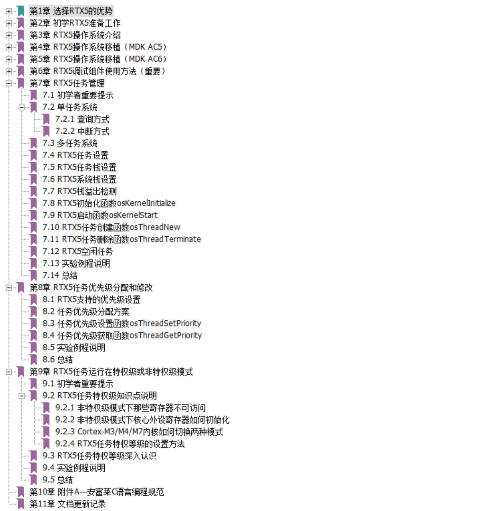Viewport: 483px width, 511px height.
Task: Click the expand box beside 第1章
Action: pyautogui.click(x=9, y=11)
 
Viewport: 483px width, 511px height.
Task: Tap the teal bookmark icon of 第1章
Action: pyautogui.click(x=21, y=11)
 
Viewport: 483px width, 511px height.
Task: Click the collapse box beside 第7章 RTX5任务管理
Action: pyautogui.click(x=9, y=83)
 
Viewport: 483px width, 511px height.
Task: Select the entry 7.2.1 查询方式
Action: pyautogui.click(x=82, y=119)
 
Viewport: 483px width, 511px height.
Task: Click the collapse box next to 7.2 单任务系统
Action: pyautogui.click(x=22, y=107)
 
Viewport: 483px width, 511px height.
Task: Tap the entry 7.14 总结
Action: pyautogui.click(x=60, y=276)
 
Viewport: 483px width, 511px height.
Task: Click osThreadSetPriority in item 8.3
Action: pyautogui.click(x=166, y=324)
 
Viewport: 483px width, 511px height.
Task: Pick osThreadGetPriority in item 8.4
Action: pyautogui.click(x=166, y=335)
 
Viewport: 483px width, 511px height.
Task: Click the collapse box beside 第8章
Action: pyautogui.click(x=9, y=288)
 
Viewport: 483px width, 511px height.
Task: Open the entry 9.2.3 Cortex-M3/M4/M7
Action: pyautogui.click(x=138, y=432)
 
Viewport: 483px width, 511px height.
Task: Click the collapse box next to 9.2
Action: pyautogui.click(x=22, y=396)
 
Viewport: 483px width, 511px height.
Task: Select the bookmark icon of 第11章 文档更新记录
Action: pyautogui.click(x=21, y=504)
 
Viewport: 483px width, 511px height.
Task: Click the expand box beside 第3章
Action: pyautogui.click(x=9, y=35)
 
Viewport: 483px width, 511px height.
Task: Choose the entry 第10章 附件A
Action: pyautogui.click(x=97, y=492)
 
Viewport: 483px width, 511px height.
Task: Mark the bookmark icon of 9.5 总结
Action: pyautogui.click(x=33, y=480)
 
